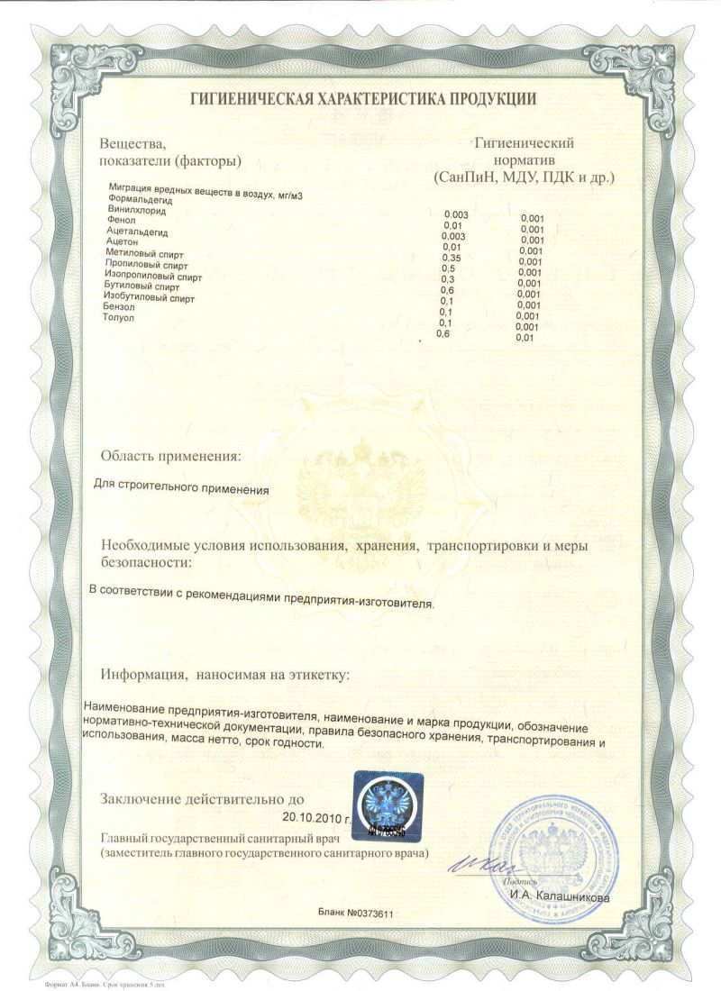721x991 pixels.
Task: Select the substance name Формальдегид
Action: [139, 198]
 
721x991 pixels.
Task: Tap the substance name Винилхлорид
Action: [137, 209]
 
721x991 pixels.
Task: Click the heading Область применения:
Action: [171, 456]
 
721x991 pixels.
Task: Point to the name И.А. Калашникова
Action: [559, 897]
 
